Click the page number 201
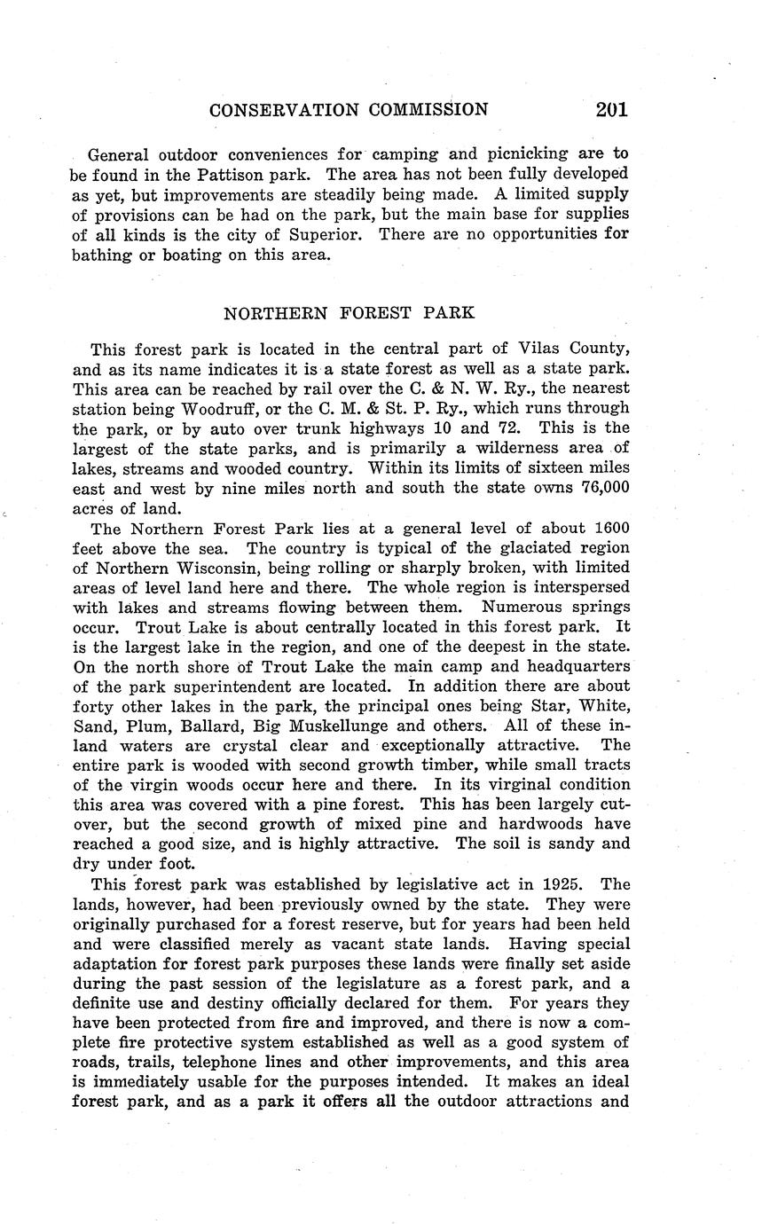[x=612, y=109]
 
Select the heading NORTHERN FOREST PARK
[x=349, y=313]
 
